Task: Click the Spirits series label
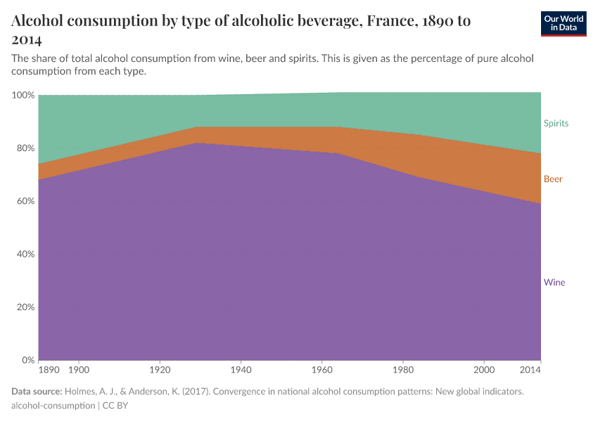(x=556, y=123)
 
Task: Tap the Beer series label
(x=553, y=179)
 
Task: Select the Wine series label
(x=554, y=283)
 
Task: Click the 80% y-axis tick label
(x=25, y=148)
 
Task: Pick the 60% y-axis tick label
(x=25, y=201)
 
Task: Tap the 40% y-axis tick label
(x=25, y=255)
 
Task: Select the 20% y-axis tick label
(x=25, y=307)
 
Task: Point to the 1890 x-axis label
(x=49, y=369)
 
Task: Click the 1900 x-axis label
(x=79, y=369)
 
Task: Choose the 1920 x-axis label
(x=160, y=369)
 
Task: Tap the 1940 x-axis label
(x=241, y=369)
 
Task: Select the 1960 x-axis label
(x=322, y=369)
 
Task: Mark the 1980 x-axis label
(x=403, y=369)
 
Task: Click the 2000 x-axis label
(x=484, y=369)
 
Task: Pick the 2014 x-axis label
(x=530, y=369)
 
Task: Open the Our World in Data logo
(x=564, y=24)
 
